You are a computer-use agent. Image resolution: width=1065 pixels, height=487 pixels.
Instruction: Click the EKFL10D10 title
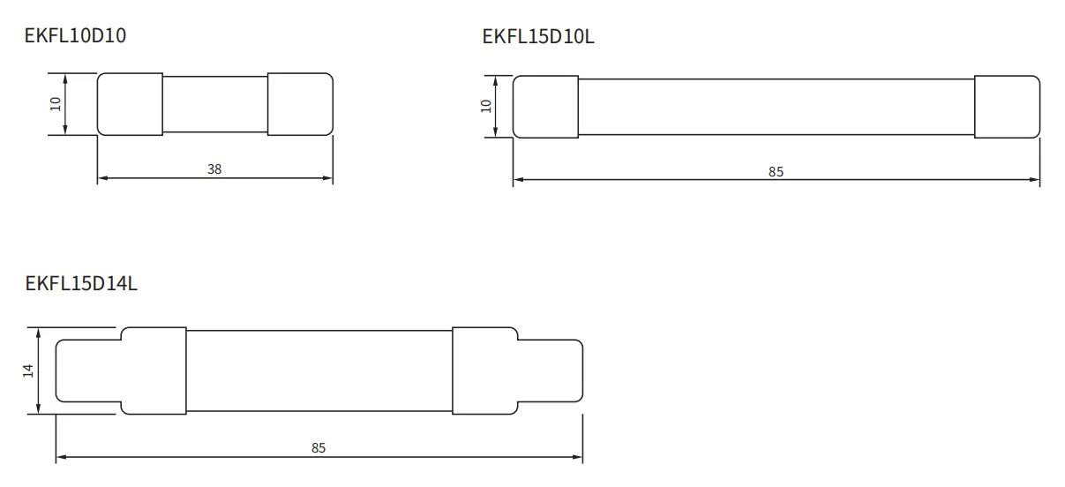(75, 35)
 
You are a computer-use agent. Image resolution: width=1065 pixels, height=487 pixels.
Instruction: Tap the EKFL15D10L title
(538, 37)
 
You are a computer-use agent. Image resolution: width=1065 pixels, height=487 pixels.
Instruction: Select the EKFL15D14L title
(81, 283)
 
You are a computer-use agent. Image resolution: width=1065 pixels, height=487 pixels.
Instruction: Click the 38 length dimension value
(214, 169)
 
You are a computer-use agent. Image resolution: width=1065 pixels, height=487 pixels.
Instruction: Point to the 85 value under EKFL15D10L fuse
(776, 172)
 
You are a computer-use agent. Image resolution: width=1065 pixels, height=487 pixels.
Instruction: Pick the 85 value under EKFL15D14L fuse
(319, 448)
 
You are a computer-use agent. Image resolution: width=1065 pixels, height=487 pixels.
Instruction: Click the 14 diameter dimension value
(28, 371)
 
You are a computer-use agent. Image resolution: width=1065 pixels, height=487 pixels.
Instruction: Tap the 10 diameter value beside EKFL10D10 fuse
(56, 104)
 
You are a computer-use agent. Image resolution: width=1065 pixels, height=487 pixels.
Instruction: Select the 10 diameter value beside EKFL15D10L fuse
(485, 106)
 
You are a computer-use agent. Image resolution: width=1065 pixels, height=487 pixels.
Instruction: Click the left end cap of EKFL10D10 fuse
(130, 104)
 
